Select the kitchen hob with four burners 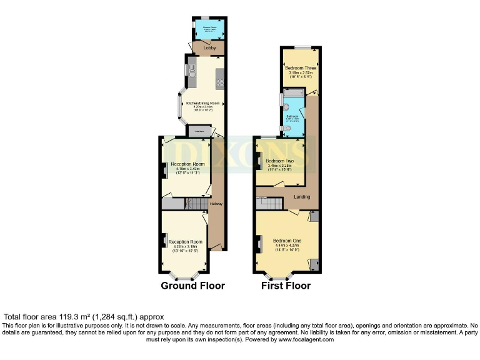219,77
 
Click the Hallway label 216,204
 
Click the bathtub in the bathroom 294,92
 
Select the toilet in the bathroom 286,129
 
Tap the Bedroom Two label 279,161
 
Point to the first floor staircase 271,202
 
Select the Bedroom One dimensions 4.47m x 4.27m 287,246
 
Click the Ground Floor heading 192,286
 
